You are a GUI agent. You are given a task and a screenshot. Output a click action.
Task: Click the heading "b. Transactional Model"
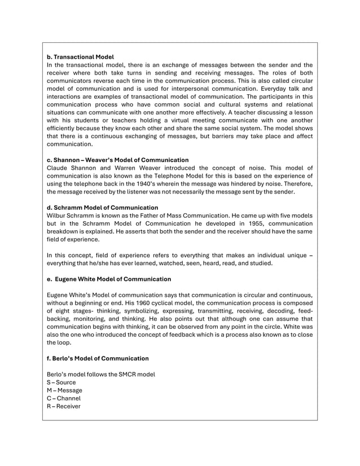coord(80,57)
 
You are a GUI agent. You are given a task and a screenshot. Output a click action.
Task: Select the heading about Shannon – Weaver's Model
coord(117,160)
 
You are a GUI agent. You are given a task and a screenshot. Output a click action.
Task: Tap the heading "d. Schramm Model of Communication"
coord(102,208)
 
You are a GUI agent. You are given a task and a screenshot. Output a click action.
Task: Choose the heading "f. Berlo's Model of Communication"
coord(98,358)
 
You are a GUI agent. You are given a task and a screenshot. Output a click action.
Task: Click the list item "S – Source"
coord(61,383)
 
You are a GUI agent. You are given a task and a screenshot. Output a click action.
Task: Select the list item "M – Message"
coord(64,390)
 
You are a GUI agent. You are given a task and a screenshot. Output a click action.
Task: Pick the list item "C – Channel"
coord(64,398)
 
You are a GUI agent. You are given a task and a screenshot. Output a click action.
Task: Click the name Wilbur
coord(58,216)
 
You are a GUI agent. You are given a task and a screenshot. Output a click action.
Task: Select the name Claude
coord(58,168)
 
